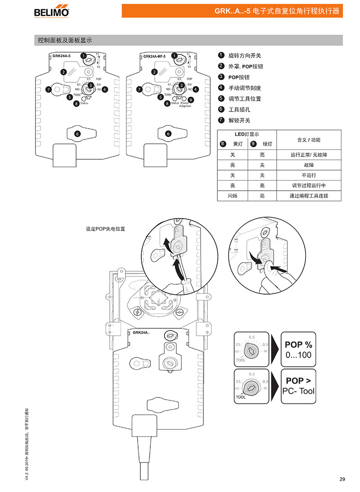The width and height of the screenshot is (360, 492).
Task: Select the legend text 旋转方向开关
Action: coord(245,55)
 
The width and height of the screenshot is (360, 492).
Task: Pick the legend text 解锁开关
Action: coord(239,120)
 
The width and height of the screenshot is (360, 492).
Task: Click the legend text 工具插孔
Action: coord(239,109)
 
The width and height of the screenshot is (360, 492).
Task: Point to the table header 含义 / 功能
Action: coord(309,140)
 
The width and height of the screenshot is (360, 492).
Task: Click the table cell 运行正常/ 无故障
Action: coord(309,155)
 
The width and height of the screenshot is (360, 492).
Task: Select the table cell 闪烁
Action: coord(232,196)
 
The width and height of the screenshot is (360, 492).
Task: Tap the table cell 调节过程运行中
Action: coord(309,185)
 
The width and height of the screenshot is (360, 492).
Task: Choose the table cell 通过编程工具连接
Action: coord(309,196)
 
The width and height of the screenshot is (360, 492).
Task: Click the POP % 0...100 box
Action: coord(298,349)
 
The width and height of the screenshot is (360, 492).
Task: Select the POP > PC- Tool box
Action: coord(298,386)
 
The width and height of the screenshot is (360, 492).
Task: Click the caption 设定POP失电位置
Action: coord(105,228)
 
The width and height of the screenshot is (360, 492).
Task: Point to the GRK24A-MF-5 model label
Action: coord(154,56)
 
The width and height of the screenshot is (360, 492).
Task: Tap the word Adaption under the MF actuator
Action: coord(185,106)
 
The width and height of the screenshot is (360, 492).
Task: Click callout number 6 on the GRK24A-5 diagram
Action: coord(77,134)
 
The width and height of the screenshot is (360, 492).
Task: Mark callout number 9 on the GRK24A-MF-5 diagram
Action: coord(190,100)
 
